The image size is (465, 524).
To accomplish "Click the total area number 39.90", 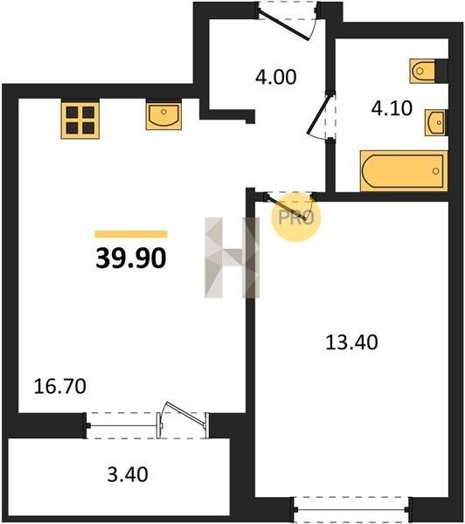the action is pos(131,259).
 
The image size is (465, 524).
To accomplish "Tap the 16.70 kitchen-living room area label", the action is pos(60,386).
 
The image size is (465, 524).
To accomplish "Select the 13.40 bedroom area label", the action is pos(351,342).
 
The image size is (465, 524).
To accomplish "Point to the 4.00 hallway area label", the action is pos(275,77).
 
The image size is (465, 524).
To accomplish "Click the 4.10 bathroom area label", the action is pos(392,108).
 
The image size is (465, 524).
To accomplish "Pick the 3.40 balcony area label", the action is pos(128,474).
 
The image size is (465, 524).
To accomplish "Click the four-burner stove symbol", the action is pos(80,120).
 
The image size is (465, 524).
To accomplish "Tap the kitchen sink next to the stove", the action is pos(163,115).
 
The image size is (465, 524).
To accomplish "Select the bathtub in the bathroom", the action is pos(404,171).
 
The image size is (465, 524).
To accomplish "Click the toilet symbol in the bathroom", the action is pos(422,71).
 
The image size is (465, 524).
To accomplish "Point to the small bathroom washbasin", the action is pos(436,122).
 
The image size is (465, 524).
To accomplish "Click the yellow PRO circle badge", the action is pos(295,217).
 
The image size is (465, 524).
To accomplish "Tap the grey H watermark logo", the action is pos(232,258).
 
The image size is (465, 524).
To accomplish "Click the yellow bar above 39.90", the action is pos(131,234).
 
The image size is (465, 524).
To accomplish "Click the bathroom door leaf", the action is pos(320,114).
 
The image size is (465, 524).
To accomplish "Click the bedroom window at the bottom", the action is pos(352,510).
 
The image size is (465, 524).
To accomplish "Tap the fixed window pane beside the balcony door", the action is pos(122,426).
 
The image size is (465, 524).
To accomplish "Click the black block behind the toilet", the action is pos(441,71).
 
